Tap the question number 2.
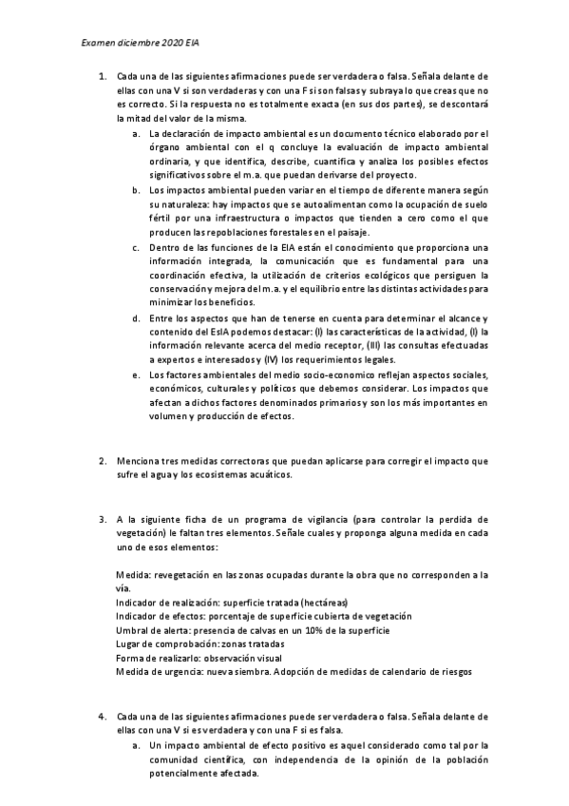(x=103, y=462)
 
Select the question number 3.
(x=103, y=520)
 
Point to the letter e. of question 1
(x=137, y=376)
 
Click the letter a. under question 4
(x=137, y=747)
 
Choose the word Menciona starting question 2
(x=136, y=462)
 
